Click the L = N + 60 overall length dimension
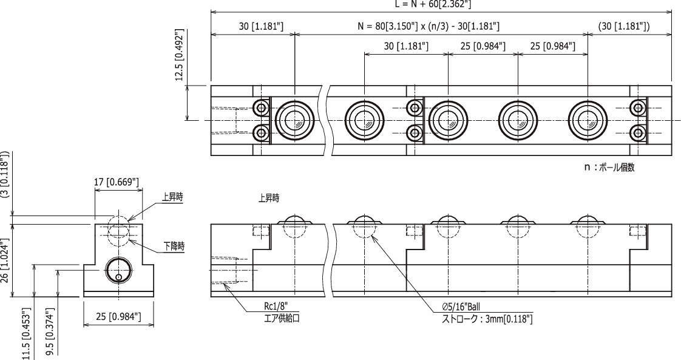[432, 4]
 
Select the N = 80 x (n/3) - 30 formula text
[429, 27]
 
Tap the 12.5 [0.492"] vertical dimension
[179, 55]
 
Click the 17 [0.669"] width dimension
[117, 182]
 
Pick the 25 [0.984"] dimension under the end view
[118, 316]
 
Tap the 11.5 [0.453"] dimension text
[25, 333]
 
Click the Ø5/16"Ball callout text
[465, 307]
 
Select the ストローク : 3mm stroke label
[487, 318]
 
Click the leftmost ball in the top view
[294, 120]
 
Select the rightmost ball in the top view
[588, 120]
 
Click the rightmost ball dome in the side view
[588, 220]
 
